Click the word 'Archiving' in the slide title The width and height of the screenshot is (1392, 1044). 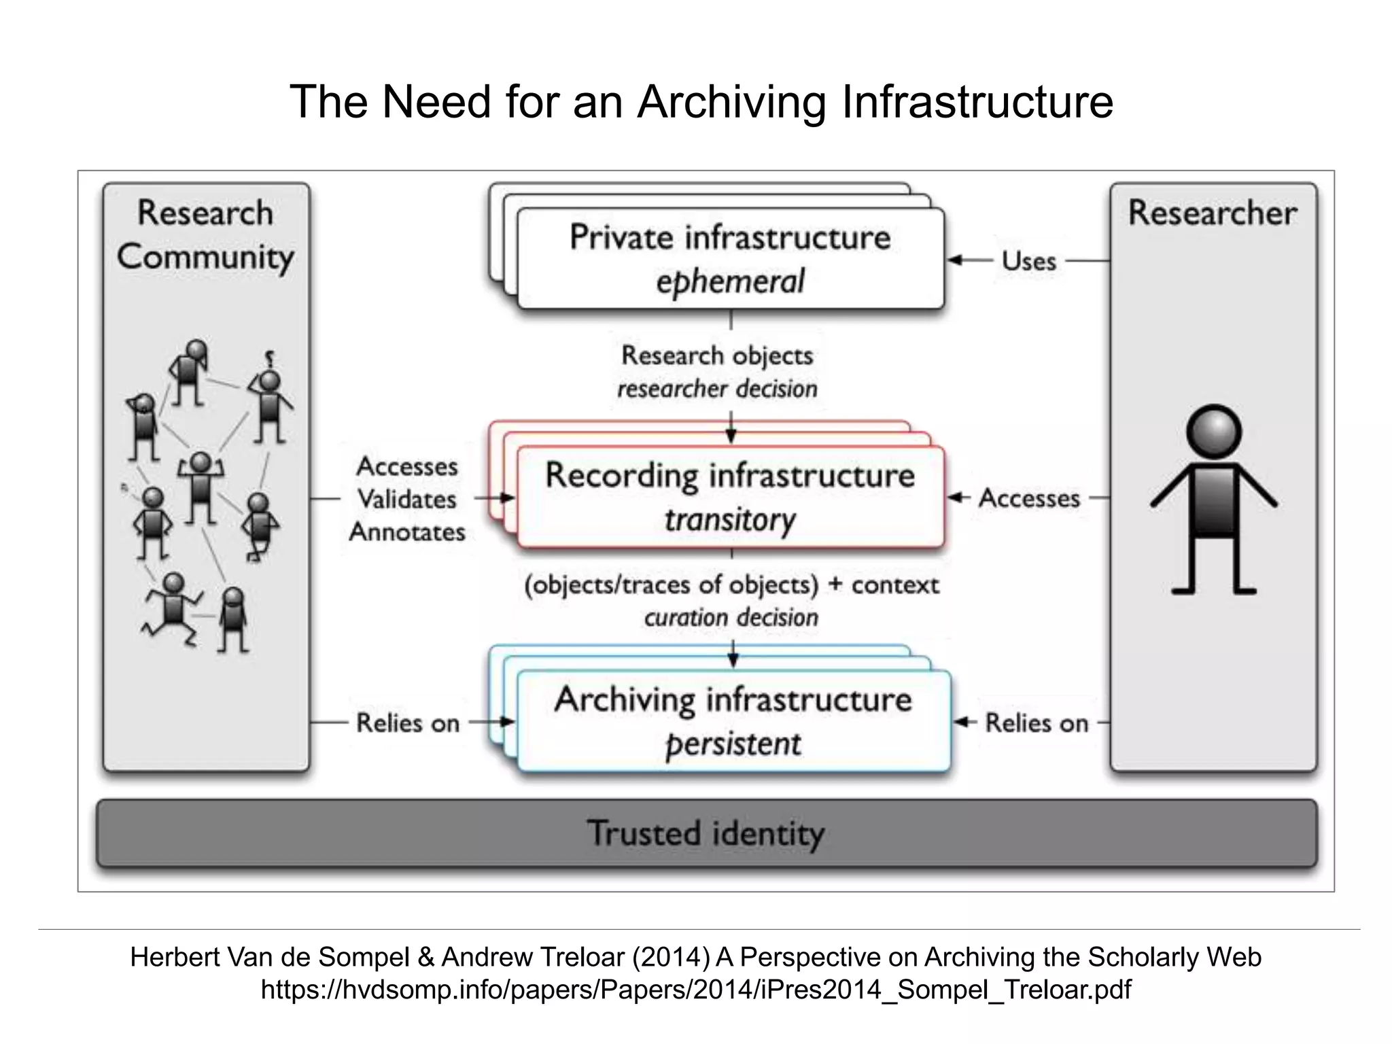coord(731,102)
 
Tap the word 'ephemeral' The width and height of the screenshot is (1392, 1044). coord(730,281)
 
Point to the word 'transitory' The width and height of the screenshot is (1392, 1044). coord(730,520)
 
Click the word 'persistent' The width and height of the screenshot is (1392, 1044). coord(733,744)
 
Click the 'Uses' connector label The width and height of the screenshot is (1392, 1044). coord(1028,261)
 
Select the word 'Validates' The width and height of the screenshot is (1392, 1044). coord(406,500)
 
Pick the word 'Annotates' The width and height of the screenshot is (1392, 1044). coord(406,532)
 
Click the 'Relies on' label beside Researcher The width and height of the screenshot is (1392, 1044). coord(1037,723)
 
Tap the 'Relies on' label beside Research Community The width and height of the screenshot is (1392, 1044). coord(408,723)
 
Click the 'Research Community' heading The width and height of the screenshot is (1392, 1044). coord(205,234)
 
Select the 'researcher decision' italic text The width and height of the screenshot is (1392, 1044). coord(717,389)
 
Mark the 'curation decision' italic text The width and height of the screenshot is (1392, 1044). coord(731,617)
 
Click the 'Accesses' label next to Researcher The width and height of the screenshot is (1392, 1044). coord(1029,498)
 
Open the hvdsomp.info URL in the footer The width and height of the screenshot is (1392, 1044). coord(696,990)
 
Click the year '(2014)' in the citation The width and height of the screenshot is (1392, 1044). coord(671,957)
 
